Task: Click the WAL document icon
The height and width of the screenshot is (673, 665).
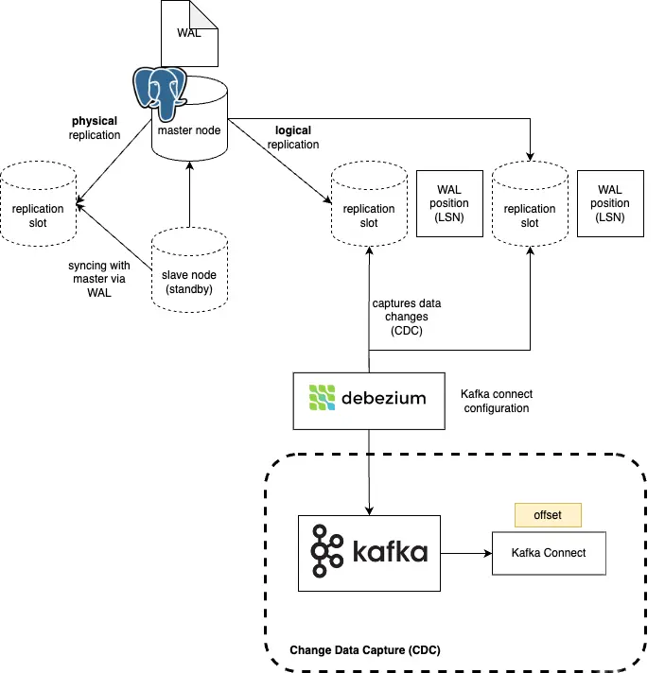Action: (188, 32)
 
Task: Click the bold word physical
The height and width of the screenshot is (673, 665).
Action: (95, 121)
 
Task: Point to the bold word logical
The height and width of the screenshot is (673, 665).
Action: (292, 130)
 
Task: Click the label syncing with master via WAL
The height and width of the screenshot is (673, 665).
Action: (99, 279)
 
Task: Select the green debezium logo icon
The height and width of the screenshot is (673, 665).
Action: (323, 398)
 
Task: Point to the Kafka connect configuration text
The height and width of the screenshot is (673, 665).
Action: (495, 401)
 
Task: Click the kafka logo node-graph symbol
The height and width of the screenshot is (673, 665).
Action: (326, 553)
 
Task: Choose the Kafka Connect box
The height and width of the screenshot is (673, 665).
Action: (548, 553)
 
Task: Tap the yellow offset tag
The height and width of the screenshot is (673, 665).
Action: (547, 515)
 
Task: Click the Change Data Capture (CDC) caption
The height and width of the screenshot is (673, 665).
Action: (365, 650)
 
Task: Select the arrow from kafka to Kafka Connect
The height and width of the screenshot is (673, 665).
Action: (464, 553)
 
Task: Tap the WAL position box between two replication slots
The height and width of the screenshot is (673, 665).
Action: (449, 203)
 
